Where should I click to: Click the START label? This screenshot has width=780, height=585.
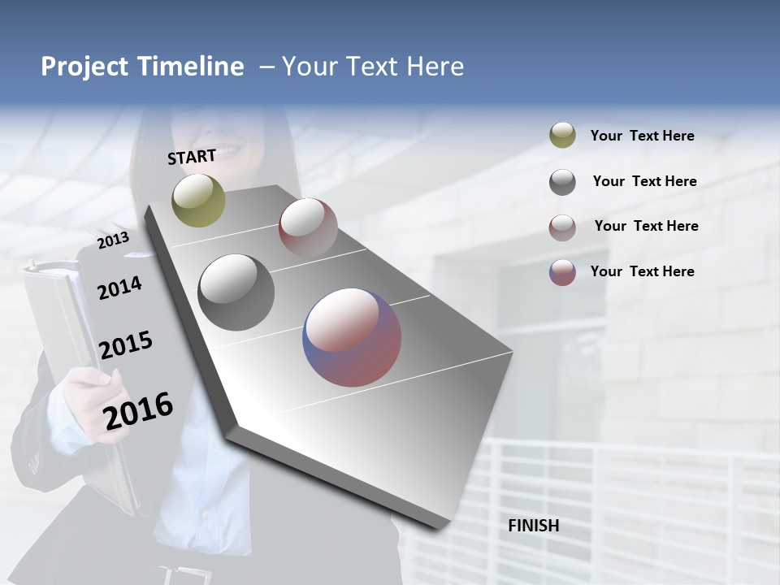(192, 157)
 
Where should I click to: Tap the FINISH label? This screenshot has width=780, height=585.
(533, 526)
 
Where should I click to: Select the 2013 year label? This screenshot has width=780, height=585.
(113, 240)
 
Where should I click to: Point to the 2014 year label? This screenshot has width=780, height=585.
(119, 288)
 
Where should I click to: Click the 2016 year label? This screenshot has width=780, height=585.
(138, 410)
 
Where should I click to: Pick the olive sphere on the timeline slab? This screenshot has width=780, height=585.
(198, 200)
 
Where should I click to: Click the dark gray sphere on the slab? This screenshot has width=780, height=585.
(236, 292)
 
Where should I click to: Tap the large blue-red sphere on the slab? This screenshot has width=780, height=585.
(352, 337)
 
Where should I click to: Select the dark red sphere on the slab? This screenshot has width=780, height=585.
(308, 227)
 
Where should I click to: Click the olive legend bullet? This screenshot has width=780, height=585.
(562, 135)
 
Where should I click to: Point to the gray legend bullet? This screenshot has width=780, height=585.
(562, 182)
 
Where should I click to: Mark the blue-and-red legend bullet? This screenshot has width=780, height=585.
(562, 272)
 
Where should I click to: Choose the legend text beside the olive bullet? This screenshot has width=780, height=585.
(642, 136)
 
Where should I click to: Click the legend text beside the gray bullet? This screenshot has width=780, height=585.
(644, 181)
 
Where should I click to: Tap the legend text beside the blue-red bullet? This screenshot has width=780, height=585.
(642, 271)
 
